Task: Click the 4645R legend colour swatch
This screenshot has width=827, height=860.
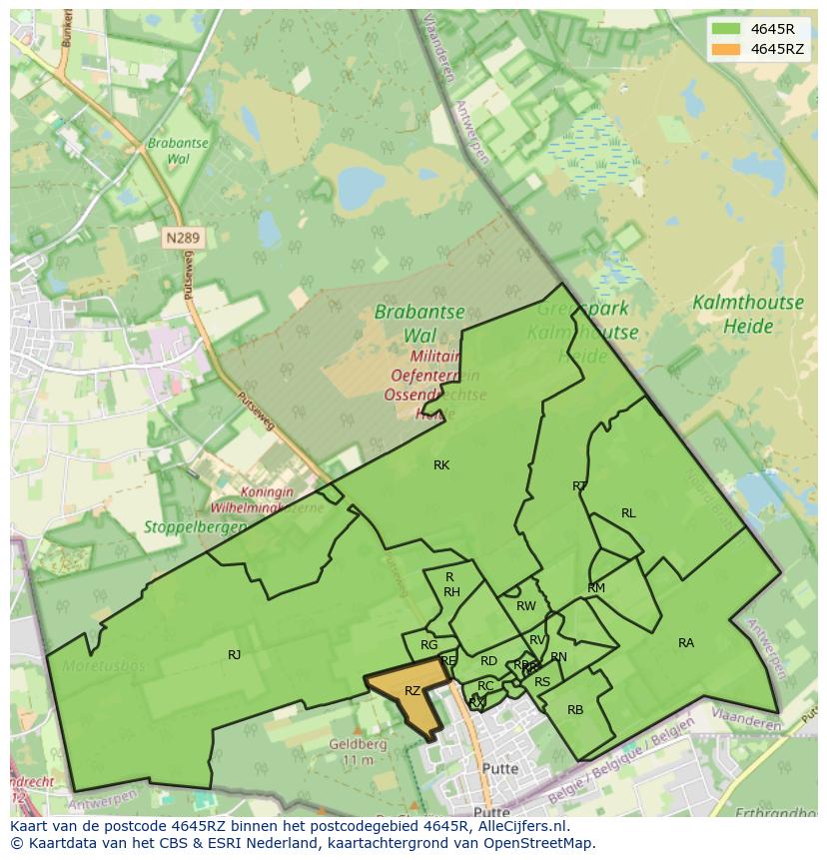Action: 726,29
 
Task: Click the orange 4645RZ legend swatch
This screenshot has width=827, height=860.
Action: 726,49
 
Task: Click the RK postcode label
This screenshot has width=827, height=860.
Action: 441,465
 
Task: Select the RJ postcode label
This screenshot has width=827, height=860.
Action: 235,655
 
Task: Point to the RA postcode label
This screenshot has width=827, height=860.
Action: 686,643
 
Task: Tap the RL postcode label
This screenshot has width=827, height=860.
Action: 628,513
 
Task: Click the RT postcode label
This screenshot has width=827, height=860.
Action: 579,486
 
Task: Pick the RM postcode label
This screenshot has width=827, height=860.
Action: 596,588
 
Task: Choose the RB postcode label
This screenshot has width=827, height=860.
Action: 575,710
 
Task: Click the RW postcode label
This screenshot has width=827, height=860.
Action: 526,606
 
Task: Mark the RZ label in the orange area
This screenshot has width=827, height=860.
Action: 413,691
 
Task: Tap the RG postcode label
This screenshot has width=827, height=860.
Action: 429,645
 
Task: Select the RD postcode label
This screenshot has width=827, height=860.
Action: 488,661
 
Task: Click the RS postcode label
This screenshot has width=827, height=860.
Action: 542,682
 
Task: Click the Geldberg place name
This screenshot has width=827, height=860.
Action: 358,744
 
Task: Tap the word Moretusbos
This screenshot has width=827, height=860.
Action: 104,665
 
